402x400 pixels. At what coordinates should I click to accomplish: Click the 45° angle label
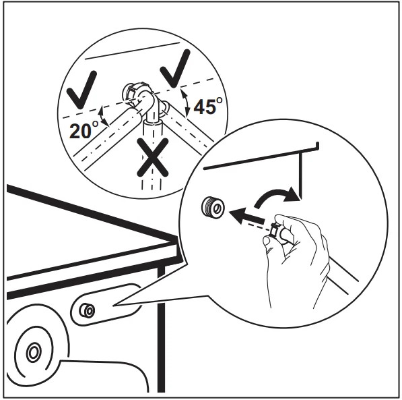point(207,107)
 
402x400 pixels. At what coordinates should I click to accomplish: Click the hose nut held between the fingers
point(276,233)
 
